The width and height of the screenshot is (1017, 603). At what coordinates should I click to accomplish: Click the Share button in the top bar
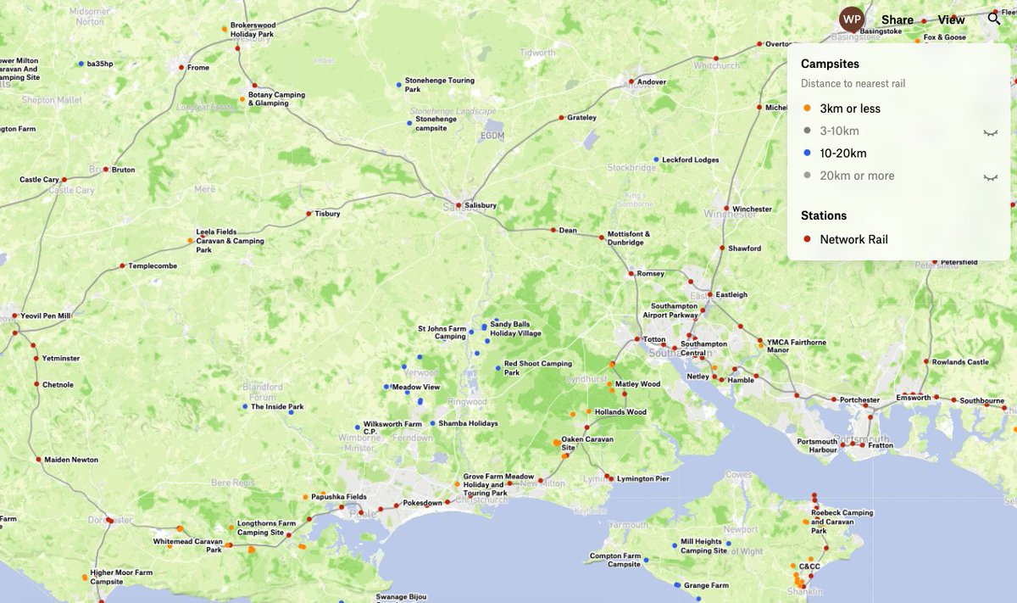coord(897,20)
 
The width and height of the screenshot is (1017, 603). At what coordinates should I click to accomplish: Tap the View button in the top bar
coord(951,20)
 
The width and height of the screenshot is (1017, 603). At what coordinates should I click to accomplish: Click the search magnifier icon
coord(994,19)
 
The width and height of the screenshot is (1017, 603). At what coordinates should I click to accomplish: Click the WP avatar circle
coord(851,19)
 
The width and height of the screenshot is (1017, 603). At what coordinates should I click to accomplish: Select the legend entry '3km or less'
coord(849,109)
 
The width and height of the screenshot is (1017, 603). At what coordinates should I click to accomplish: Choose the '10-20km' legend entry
coord(842,154)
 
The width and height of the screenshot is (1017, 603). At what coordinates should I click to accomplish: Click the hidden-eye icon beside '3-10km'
coord(990,132)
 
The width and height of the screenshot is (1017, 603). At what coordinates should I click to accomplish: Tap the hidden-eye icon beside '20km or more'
coord(990,177)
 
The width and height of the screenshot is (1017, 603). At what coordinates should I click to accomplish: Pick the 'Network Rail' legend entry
coord(853,240)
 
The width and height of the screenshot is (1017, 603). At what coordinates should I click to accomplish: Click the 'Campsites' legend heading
coord(830,64)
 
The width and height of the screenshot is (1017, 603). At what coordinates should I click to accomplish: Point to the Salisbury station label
coord(480,206)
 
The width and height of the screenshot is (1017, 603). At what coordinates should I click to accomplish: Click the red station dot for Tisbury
coord(308,214)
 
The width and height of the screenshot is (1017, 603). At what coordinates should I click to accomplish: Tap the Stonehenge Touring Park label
coord(439,85)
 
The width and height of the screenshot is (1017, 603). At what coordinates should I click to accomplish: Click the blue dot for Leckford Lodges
coord(655,159)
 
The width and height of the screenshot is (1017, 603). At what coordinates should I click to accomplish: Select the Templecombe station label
coord(153,266)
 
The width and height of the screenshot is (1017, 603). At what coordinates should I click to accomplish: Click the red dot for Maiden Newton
coord(38,460)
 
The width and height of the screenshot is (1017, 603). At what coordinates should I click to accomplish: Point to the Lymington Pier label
coord(647,479)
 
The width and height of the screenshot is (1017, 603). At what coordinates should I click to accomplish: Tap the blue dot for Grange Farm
coord(677,585)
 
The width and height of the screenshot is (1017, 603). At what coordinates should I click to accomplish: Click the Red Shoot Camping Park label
coord(537,367)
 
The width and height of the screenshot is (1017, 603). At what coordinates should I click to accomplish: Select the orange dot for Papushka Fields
coord(305,497)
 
